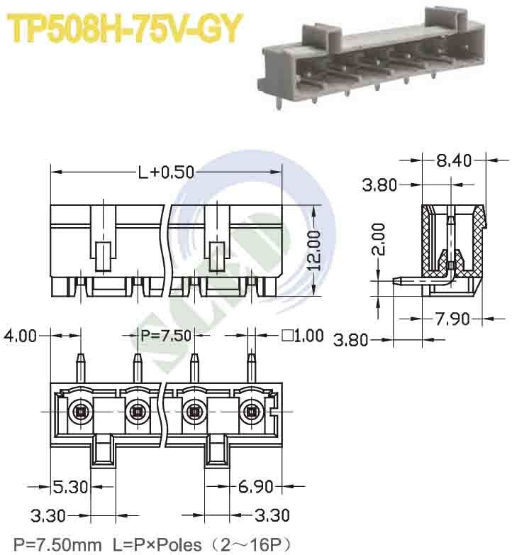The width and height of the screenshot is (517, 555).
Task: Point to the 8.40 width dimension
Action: click(454, 160)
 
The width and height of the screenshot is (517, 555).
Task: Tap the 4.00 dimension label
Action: click(19, 335)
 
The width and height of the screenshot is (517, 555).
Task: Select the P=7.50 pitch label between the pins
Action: click(166, 335)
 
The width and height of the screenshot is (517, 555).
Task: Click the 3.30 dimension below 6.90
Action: click(271, 514)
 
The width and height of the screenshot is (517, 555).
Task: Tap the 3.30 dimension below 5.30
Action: click(49, 514)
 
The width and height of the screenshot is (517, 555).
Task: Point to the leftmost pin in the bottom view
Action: click(80, 367)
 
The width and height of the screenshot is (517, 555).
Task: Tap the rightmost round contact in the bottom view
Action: click(251, 412)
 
